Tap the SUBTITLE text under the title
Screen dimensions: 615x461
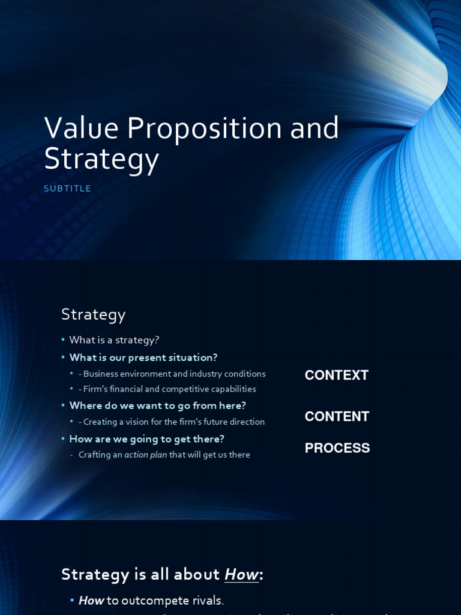[x=67, y=189]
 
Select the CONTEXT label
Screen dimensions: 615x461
[x=336, y=375]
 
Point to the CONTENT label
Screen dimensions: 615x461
[x=337, y=417]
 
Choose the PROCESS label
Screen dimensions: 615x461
[x=337, y=449]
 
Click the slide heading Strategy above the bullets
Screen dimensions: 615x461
[x=93, y=314]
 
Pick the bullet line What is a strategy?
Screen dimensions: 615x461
[x=114, y=340]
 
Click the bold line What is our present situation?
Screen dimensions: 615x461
[x=143, y=358]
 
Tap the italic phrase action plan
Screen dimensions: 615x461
[x=145, y=455]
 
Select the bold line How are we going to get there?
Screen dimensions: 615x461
[x=146, y=439]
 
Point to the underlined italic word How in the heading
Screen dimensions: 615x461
[x=241, y=575]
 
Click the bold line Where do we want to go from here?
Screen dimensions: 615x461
[x=157, y=406]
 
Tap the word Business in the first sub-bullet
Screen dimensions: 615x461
[x=101, y=374]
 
